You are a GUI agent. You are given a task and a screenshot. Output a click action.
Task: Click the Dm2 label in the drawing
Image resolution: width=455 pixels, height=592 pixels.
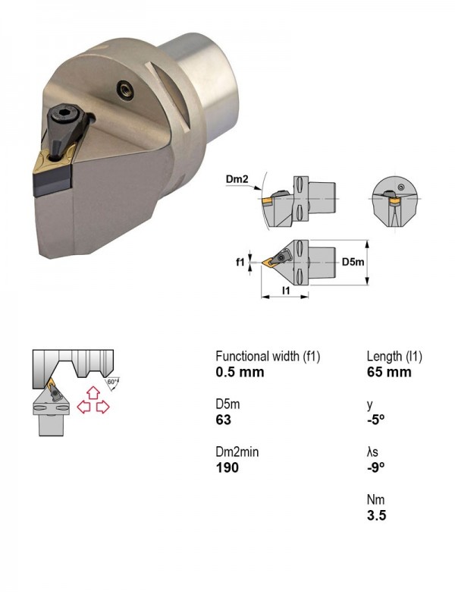tap(237, 179)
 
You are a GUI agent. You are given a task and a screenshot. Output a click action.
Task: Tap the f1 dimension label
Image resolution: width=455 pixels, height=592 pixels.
tap(240, 262)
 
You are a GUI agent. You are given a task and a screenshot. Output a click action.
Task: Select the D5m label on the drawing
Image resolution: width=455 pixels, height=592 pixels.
tap(353, 262)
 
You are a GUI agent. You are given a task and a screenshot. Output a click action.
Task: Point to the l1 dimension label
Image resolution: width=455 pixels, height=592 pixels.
tap(286, 291)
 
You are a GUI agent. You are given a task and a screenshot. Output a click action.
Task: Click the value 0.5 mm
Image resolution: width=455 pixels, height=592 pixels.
tap(240, 372)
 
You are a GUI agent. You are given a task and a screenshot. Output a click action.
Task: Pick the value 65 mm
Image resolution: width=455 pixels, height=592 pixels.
tap(389, 372)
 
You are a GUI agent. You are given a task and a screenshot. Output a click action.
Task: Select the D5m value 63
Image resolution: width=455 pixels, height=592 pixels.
tap(224, 420)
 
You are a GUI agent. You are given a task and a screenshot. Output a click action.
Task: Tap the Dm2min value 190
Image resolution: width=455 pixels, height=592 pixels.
tap(227, 468)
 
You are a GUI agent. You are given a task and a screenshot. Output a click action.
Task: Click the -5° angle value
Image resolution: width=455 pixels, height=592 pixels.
tap(376, 420)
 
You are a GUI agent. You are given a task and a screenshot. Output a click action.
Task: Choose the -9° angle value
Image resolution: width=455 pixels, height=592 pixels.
tap(376, 468)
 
